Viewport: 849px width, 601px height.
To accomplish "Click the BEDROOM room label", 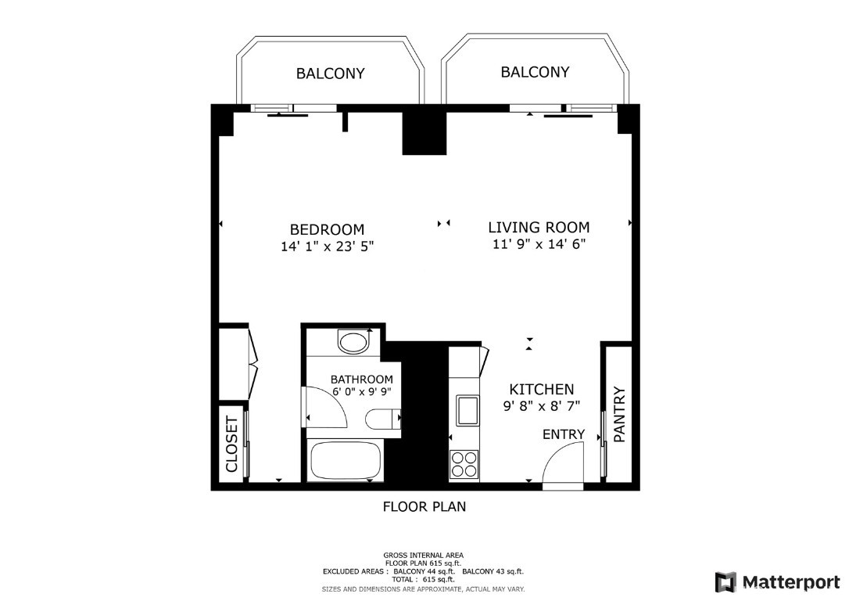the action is click(327, 229).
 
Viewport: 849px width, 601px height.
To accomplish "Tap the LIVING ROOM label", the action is click(539, 227).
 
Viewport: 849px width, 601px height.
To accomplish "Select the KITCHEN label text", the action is click(542, 389).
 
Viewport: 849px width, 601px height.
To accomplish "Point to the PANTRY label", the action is click(619, 414).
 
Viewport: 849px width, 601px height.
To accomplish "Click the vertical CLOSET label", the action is click(231, 444).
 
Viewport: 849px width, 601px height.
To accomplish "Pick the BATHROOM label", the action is click(362, 380).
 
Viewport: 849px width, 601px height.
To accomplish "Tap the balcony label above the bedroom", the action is click(330, 73).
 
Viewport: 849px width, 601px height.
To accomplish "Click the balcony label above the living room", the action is click(535, 71).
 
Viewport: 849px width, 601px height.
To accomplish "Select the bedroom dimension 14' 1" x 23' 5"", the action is click(327, 247).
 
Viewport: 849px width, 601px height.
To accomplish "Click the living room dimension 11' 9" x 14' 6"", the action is click(539, 244).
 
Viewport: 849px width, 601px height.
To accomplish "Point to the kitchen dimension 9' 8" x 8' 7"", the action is click(542, 405).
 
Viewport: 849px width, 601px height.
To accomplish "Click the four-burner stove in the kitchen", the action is click(464, 464).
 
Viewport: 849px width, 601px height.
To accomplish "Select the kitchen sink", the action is click(467, 410).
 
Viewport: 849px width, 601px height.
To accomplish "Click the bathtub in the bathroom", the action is click(346, 460).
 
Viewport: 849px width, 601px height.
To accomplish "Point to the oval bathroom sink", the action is click(353, 343).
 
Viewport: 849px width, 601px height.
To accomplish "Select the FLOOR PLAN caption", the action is click(424, 507).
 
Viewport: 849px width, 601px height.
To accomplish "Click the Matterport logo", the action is click(778, 582).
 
